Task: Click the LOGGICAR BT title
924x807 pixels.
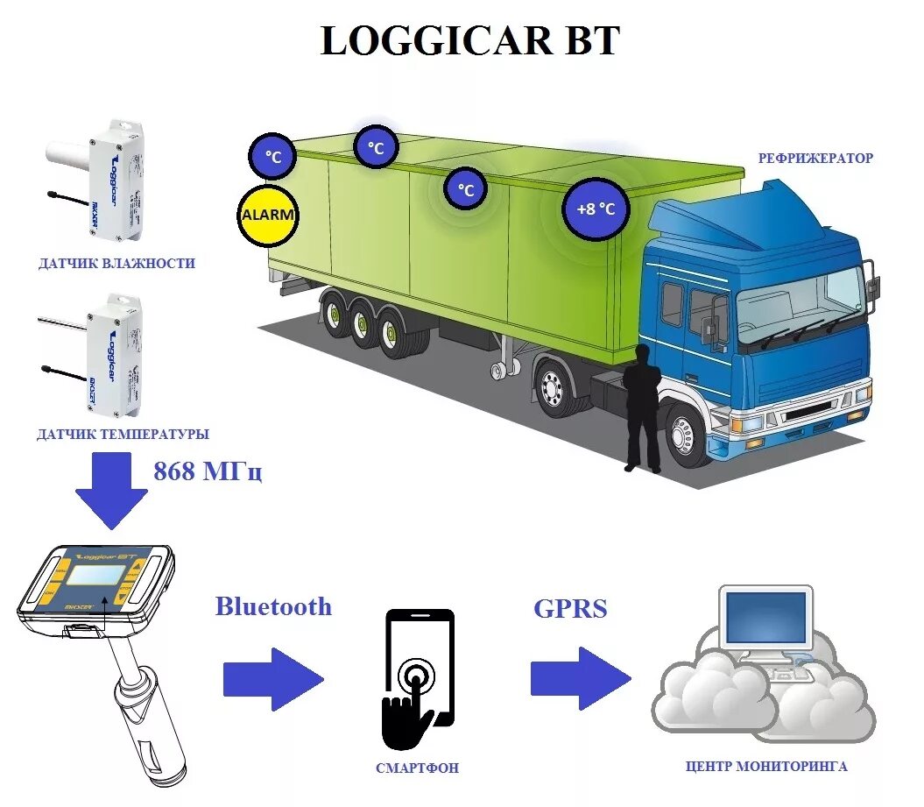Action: tap(470, 41)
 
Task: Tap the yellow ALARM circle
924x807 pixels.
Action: tap(268, 215)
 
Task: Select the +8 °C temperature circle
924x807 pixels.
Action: tap(596, 209)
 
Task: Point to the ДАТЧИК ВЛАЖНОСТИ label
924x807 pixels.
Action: tap(116, 263)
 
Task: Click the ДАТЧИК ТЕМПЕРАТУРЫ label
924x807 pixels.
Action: tap(123, 434)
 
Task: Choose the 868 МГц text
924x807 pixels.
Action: tap(208, 471)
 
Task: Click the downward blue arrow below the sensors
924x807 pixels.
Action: tap(112, 491)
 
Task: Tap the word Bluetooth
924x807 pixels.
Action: tap(273, 606)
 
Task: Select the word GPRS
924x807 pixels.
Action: tap(570, 609)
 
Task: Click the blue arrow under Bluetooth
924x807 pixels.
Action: tap(273, 679)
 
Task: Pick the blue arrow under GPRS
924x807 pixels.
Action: tap(580, 679)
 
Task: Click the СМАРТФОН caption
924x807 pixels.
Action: tap(418, 768)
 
